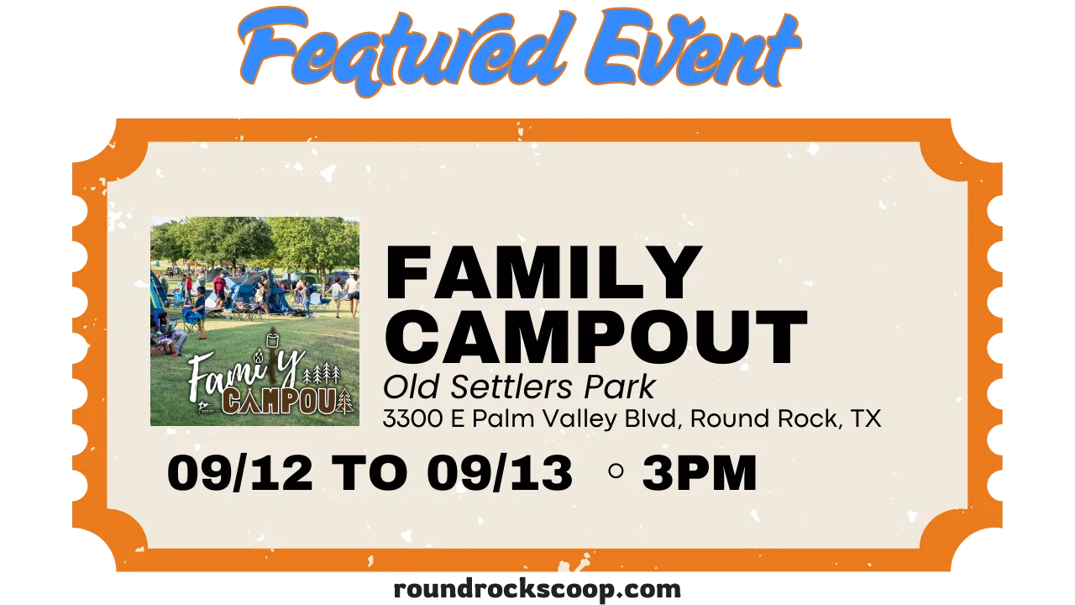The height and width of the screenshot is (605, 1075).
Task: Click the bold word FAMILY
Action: (x=543, y=272)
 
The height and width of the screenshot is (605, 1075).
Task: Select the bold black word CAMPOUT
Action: (x=596, y=337)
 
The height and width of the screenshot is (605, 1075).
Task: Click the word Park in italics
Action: (x=620, y=387)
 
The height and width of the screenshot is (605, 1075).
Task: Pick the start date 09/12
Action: (x=240, y=472)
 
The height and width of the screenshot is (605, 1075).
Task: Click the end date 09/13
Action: (x=500, y=472)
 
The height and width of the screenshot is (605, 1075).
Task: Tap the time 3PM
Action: (x=700, y=472)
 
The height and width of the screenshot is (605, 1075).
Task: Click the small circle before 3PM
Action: (x=616, y=471)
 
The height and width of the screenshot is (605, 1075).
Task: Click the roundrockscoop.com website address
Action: (x=537, y=589)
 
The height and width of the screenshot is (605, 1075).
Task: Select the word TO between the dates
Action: (x=370, y=472)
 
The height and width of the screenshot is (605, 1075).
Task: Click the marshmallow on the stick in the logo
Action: (x=273, y=340)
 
